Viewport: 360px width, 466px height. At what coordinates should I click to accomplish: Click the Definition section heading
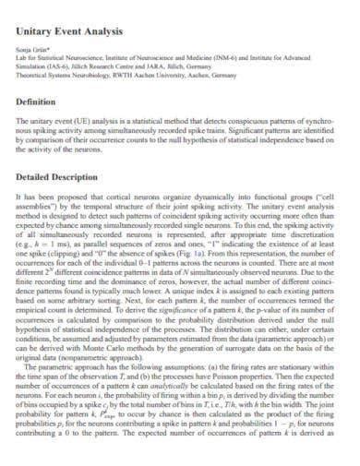click(40, 102)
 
